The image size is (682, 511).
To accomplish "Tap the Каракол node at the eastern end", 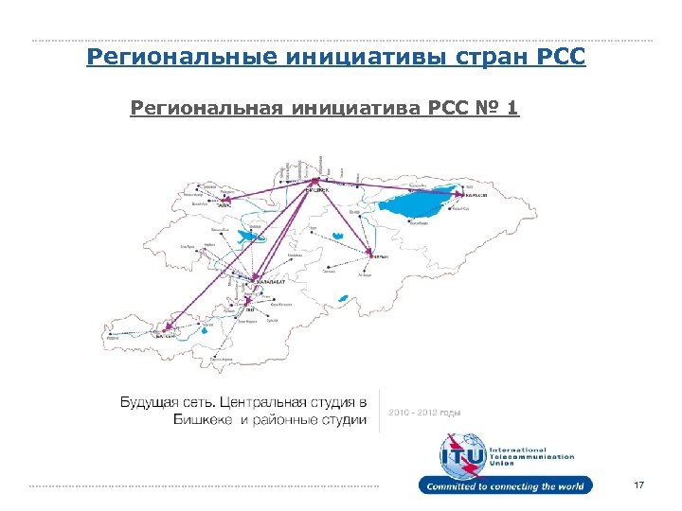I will (x=463, y=196).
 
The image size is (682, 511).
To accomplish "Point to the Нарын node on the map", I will (x=370, y=255).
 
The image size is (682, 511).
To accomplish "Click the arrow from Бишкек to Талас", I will (x=270, y=189).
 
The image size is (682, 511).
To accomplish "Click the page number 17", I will (x=638, y=485).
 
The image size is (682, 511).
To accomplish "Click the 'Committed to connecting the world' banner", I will (x=506, y=486).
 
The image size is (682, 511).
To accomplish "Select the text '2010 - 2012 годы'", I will (x=423, y=412).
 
